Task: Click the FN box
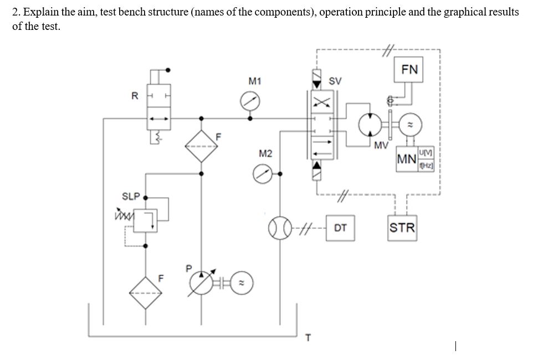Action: click(x=409, y=69)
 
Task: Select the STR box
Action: click(x=402, y=228)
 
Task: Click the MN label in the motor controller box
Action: click(x=407, y=160)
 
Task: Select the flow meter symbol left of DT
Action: click(x=279, y=227)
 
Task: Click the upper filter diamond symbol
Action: click(x=201, y=147)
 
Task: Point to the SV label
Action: click(x=335, y=81)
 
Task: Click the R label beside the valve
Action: click(x=134, y=95)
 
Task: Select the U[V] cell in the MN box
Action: click(x=427, y=152)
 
